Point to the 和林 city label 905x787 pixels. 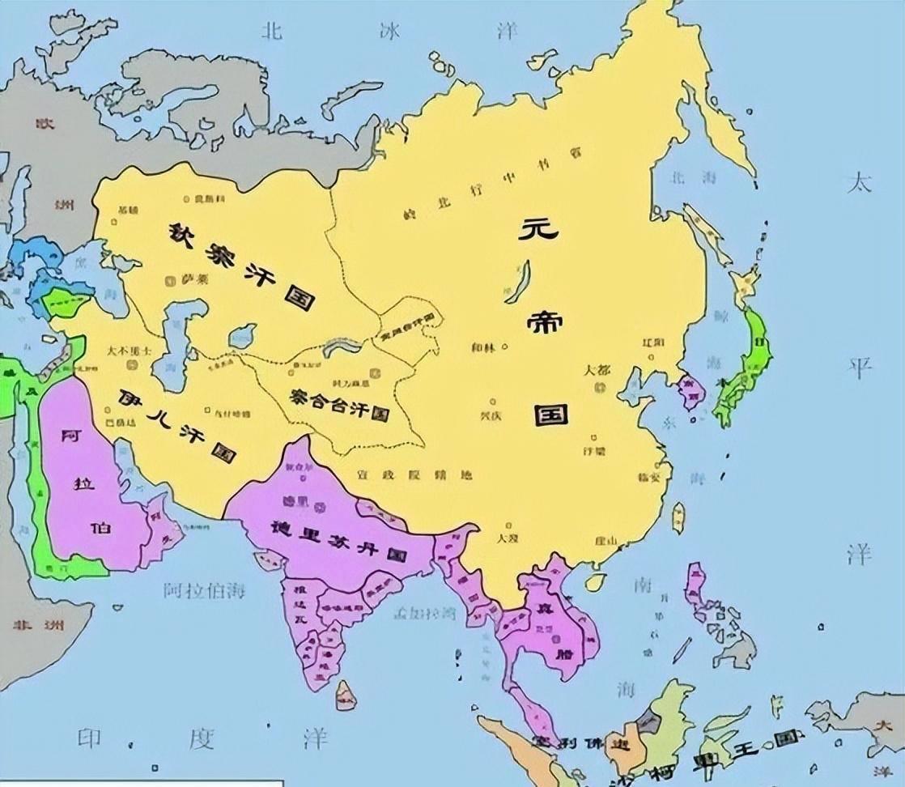(484, 348)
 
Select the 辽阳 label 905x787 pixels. (652, 342)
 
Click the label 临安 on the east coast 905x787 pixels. (650, 476)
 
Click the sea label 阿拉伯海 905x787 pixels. (203, 589)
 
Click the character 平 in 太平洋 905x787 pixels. (860, 368)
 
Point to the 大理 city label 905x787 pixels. (508, 537)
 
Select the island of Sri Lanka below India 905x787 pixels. (346, 693)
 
